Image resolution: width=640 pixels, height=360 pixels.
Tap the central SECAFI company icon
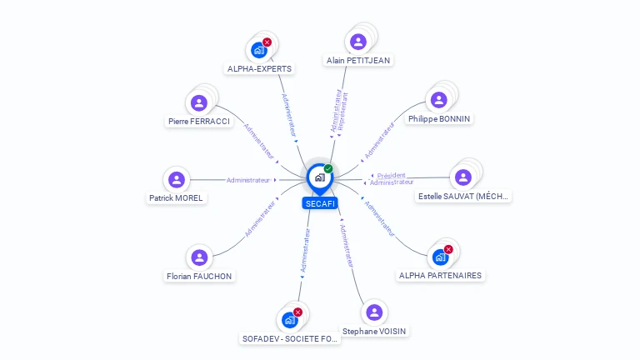[x=319, y=177]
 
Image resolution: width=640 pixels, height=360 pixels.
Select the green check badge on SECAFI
[x=328, y=168]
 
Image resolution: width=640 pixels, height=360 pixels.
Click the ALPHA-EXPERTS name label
[x=259, y=69]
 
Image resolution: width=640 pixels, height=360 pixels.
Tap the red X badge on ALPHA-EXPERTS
[x=267, y=42]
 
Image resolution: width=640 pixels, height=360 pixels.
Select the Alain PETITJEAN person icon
[x=358, y=42]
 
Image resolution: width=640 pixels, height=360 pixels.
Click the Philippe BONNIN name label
[x=439, y=118]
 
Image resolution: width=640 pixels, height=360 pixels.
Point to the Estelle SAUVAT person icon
[x=462, y=177]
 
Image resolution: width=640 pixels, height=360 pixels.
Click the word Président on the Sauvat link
[x=391, y=175]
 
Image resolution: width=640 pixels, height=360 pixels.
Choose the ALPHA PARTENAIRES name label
[x=440, y=275]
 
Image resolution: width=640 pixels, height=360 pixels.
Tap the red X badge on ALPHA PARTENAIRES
[x=448, y=249]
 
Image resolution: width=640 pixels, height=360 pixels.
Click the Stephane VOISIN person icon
[x=374, y=312]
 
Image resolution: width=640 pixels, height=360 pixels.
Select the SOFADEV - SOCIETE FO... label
[x=290, y=339]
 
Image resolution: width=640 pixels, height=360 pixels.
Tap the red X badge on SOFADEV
[x=297, y=312]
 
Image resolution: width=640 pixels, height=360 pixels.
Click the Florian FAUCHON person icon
[x=198, y=257]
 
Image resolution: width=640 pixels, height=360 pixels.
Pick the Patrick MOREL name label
[x=176, y=197]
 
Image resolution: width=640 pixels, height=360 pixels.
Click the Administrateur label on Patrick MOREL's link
[x=248, y=180]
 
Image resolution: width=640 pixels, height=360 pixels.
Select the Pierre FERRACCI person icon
[x=198, y=102]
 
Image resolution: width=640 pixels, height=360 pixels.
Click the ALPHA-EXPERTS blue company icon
[x=259, y=50]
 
